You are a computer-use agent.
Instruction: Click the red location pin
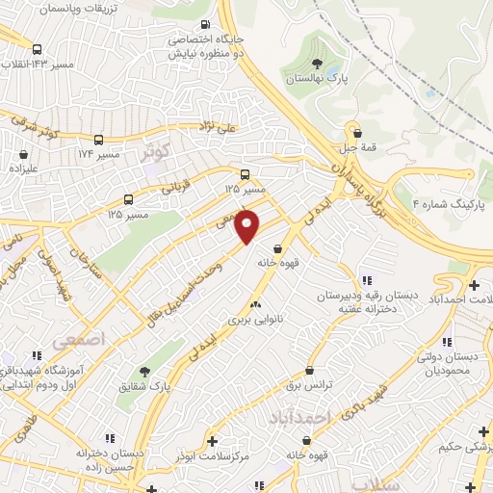(248, 227)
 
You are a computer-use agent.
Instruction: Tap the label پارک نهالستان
(317, 81)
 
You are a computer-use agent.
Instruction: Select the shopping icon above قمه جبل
(358, 133)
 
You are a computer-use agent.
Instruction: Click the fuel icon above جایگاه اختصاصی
(204, 25)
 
